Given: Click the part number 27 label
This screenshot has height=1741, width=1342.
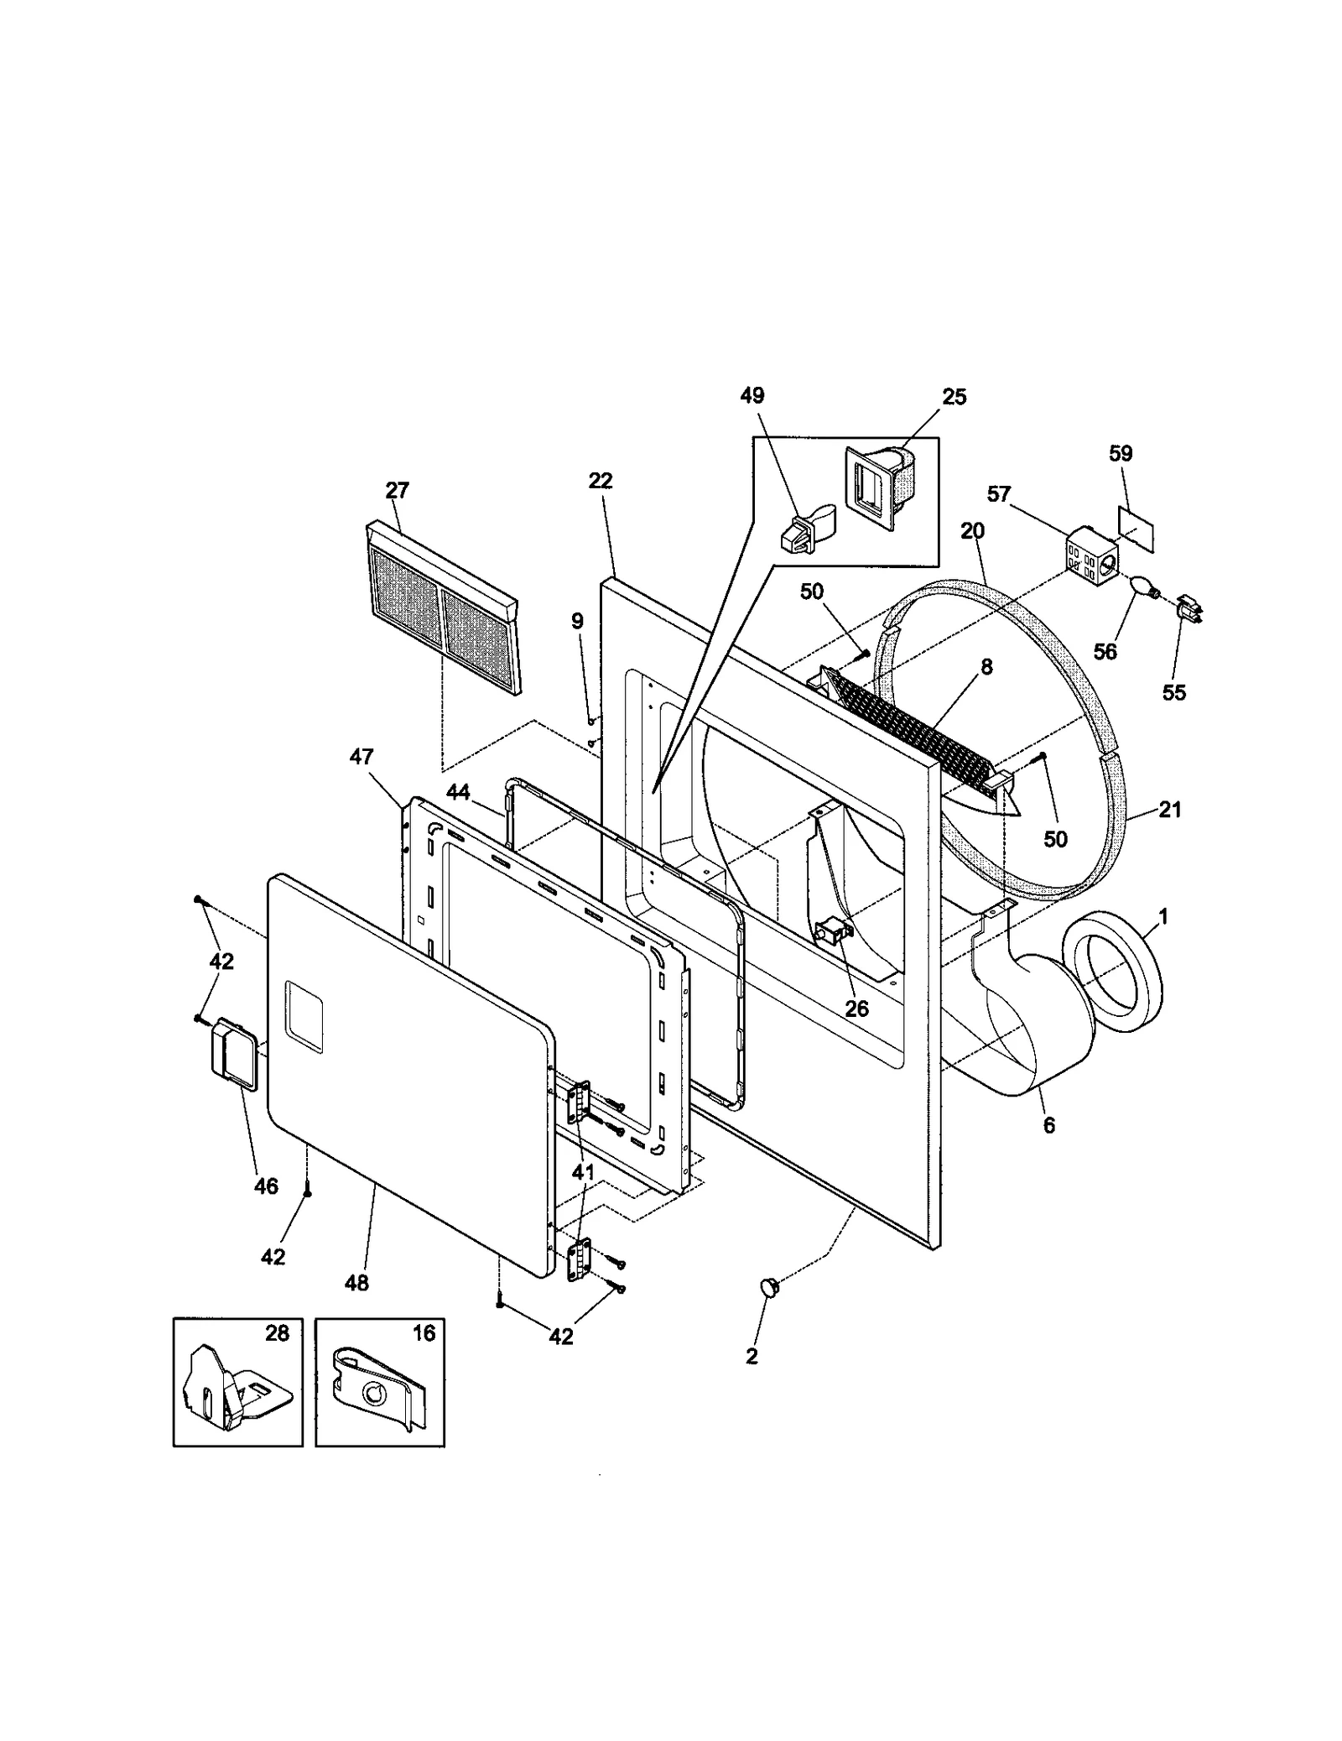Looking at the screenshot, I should click(397, 489).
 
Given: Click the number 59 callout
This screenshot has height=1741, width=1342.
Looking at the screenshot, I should click(1121, 454).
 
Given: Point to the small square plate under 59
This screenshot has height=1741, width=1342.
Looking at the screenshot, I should click(1137, 528).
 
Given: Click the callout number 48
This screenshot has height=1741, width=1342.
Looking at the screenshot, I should click(356, 1282).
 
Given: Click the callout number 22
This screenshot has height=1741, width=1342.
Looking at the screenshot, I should click(601, 481).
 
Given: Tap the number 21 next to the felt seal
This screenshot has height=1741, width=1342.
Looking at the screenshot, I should click(1169, 810).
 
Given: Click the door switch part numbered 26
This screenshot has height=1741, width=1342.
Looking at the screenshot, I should click(833, 931).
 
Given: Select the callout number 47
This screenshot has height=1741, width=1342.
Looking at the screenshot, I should click(361, 757).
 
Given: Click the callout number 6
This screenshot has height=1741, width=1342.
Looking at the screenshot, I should click(1049, 1126).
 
